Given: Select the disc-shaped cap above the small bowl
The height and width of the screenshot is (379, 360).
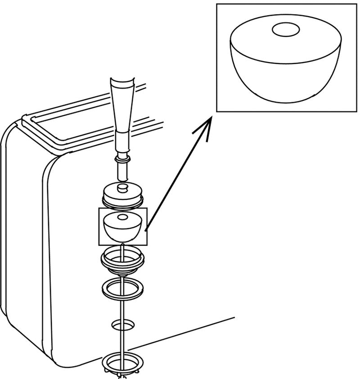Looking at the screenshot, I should tap(122, 196).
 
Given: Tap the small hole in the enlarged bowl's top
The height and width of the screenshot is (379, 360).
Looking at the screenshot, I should tap(286, 30).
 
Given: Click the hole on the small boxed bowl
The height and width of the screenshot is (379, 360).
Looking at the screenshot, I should tap(122, 217).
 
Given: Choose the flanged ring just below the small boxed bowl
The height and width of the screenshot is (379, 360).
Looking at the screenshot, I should tap(122, 260).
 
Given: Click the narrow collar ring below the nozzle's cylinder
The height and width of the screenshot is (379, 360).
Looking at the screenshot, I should tap(122, 159).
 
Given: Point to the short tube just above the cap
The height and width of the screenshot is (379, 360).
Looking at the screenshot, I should tap(122, 171).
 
